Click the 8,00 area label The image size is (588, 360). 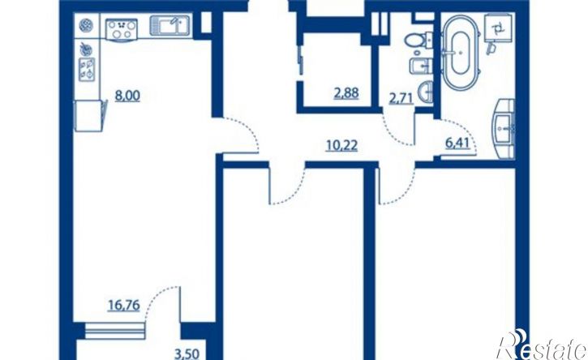coord(127,96)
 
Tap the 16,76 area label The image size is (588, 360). coord(124,305)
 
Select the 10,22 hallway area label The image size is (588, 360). coord(341,145)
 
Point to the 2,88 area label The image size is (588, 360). coord(346,92)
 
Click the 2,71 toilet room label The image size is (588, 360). coord(401,99)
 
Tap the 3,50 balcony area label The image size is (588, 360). coord(187,354)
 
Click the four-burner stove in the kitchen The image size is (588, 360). coord(122,30)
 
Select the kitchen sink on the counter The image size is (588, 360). coord(170,25)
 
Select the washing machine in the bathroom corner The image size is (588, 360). coord(498,27)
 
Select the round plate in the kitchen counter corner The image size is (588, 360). coord(85,25)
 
